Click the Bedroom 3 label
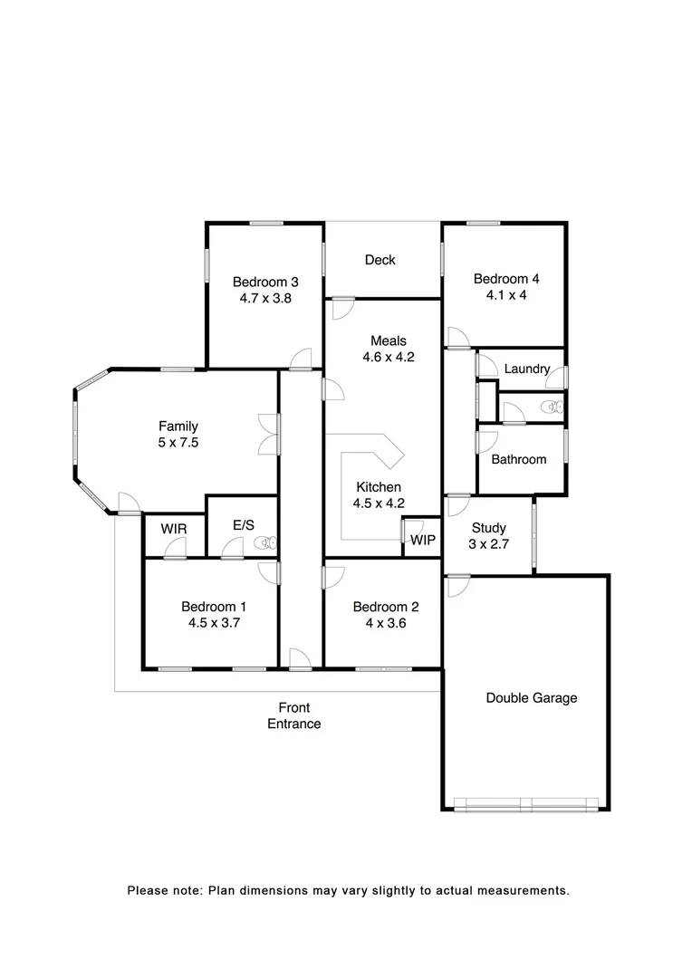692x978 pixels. click(x=265, y=281)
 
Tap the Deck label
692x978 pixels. click(x=380, y=261)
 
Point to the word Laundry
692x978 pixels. click(x=527, y=369)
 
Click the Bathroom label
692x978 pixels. click(x=519, y=460)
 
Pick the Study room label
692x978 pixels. click(x=489, y=529)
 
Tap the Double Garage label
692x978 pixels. click(x=532, y=698)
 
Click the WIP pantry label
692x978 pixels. click(x=423, y=541)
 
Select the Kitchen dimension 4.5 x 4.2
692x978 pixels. click(x=379, y=504)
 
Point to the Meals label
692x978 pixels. click(x=388, y=341)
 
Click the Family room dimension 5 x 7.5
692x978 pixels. click(x=178, y=444)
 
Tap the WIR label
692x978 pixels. click(x=174, y=529)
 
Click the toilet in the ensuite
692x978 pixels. click(x=265, y=543)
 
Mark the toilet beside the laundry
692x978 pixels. click(x=553, y=407)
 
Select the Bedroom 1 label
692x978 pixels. click(x=214, y=607)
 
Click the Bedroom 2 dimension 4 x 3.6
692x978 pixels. click(x=385, y=623)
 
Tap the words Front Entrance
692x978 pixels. click(x=293, y=715)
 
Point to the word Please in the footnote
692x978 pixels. click(x=147, y=891)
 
